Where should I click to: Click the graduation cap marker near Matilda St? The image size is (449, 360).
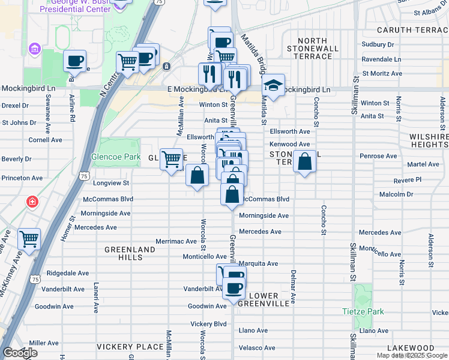(273, 86)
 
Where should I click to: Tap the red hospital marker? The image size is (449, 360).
(31, 202)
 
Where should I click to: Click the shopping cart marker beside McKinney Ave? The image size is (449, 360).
(29, 239)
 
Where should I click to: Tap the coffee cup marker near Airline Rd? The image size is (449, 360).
(75, 61)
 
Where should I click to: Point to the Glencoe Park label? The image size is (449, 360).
(115, 157)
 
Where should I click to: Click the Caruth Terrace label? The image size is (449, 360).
(412, 29)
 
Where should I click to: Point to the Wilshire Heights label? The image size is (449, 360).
(429, 141)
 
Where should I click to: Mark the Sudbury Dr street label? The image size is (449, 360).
(378, 44)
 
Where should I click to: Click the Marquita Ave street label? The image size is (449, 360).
(258, 263)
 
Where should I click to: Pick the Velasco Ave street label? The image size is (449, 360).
(257, 348)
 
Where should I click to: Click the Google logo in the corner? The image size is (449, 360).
(20, 353)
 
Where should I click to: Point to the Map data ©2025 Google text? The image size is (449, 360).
(412, 355)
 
